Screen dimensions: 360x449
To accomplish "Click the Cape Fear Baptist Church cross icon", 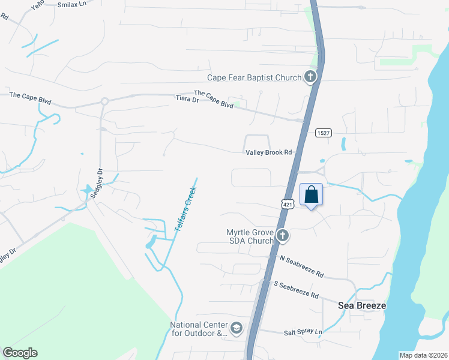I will click(310, 77).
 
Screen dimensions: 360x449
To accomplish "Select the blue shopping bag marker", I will click(311, 194).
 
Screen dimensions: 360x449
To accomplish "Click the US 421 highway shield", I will click(288, 204).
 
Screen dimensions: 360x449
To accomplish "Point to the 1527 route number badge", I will click(324, 133).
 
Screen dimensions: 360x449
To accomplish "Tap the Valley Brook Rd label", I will click(268, 152).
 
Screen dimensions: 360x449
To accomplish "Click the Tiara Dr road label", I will click(187, 99).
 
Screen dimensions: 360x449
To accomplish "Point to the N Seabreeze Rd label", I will click(302, 266).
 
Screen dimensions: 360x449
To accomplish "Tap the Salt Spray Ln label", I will click(303, 332).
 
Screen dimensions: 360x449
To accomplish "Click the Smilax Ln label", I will click(73, 4).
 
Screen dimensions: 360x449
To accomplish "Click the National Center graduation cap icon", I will click(237, 328).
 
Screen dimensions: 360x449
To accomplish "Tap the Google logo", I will click(20, 353).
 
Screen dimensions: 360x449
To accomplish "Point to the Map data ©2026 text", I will click(423, 355).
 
